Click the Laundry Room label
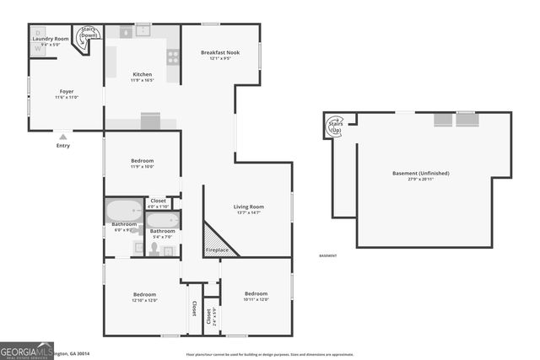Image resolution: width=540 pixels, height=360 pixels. tap(50, 39)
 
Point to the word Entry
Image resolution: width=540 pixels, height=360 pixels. tap(63, 146)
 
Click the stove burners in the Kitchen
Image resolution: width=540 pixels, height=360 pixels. tap(173, 57)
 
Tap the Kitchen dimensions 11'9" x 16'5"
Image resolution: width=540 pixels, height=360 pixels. tap(143, 81)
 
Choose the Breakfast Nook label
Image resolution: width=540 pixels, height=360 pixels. tap(220, 52)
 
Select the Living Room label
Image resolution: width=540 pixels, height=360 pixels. tap(249, 207)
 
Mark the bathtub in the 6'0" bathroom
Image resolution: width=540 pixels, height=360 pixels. tap(124, 208)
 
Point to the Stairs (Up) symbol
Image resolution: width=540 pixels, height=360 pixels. tap(335, 126)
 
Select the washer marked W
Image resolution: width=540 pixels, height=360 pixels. tap(37, 49)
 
